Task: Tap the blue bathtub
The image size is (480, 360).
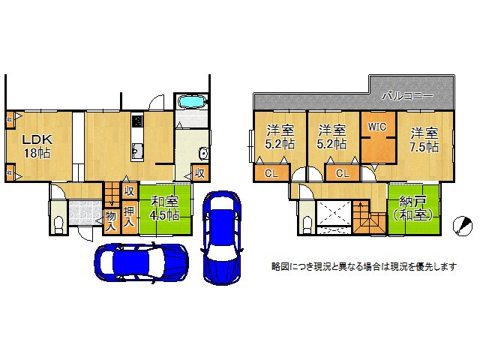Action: (x=193, y=103)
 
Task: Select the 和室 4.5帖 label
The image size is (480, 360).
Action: (x=163, y=208)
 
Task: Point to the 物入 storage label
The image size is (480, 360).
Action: (x=110, y=220)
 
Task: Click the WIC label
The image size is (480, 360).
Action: (x=376, y=127)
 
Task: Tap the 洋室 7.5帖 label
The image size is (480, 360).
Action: (x=424, y=140)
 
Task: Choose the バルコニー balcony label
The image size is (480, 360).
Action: (x=406, y=96)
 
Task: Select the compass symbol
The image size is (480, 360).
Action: (x=463, y=225)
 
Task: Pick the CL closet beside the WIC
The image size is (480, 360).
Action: (x=342, y=174)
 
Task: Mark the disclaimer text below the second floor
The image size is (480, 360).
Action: (x=364, y=266)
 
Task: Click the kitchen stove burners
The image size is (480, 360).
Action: (x=137, y=121)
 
